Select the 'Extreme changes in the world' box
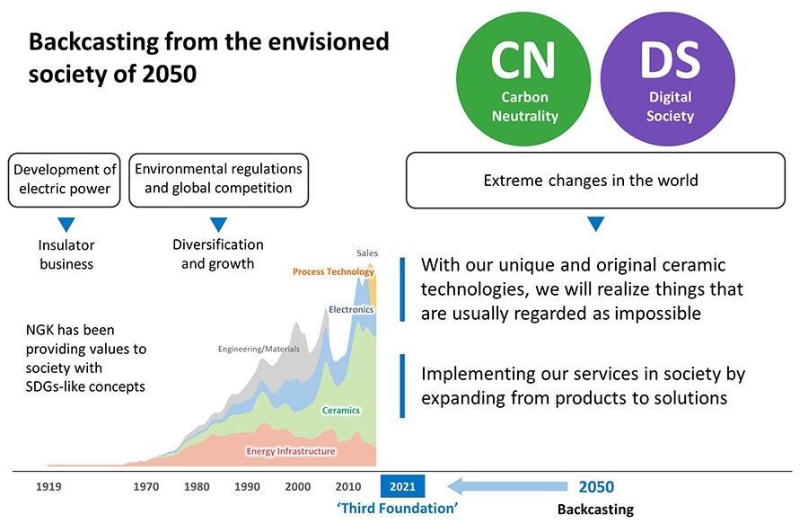[595, 181]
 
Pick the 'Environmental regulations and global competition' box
[218, 180]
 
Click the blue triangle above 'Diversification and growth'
[218, 224]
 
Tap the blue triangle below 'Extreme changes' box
[595, 224]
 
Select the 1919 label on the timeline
[48, 487]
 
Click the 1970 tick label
[146, 487]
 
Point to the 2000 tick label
[297, 487]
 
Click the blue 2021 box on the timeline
[402, 487]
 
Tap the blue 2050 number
[596, 487]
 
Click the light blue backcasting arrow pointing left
[507, 487]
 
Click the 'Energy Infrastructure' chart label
[291, 451]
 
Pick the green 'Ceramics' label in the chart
[340, 411]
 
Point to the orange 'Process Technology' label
[333, 271]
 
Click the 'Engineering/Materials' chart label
[259, 349]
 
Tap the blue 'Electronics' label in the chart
[351, 309]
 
